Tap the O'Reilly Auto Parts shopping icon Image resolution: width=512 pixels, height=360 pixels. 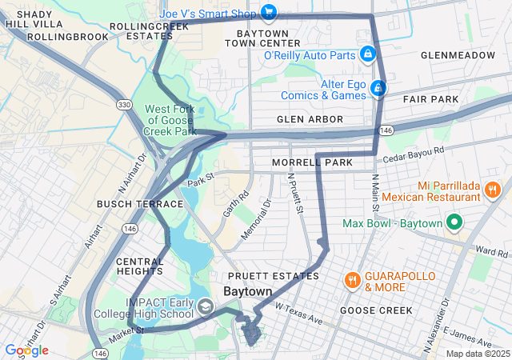[367, 54]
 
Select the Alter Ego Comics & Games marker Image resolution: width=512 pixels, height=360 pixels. [378, 89]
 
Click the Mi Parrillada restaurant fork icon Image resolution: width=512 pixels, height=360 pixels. [492, 190]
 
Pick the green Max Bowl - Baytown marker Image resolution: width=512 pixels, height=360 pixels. [454, 222]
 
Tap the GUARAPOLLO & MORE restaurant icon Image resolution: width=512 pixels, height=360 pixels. [352, 280]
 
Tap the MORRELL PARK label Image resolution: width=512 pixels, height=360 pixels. [312, 162]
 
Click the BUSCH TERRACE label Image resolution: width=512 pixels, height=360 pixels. [140, 205]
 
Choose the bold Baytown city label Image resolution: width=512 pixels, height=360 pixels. [247, 292]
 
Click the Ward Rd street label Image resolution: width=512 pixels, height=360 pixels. [490, 251]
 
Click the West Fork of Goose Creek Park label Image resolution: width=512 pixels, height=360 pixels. [169, 120]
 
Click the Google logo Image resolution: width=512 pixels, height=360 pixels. [26, 350]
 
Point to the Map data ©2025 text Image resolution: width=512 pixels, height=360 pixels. [477, 354]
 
